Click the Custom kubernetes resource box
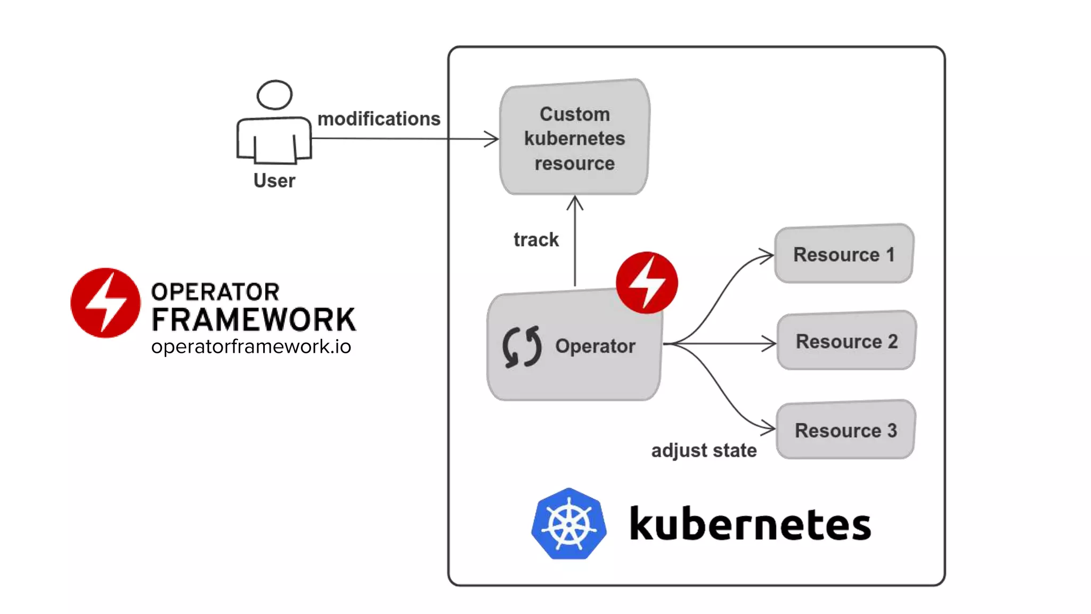(x=574, y=138)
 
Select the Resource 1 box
(x=844, y=254)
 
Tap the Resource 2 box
(x=846, y=341)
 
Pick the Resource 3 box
(x=845, y=430)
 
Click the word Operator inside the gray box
(x=595, y=346)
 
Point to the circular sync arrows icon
(x=522, y=347)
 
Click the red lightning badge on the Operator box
(x=647, y=282)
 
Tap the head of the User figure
(x=274, y=95)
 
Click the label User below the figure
(x=274, y=181)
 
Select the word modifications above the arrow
(x=379, y=119)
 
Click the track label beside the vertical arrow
(x=536, y=240)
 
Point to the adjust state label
(x=704, y=450)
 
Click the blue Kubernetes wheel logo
(x=569, y=524)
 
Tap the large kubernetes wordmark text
(x=750, y=525)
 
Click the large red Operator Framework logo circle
(x=105, y=303)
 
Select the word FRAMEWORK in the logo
(x=254, y=320)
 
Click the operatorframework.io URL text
(x=251, y=347)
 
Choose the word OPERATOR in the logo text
(x=215, y=292)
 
